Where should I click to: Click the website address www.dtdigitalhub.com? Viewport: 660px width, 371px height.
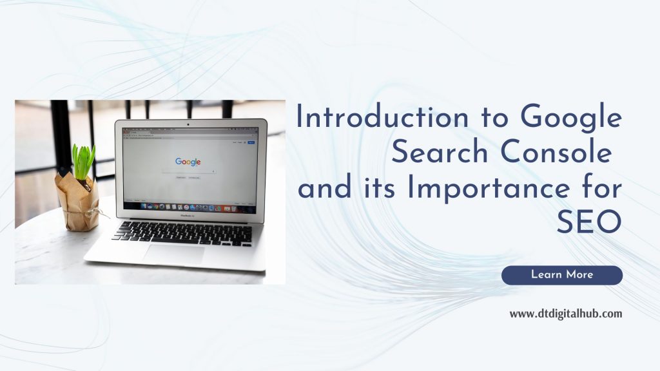tap(566, 314)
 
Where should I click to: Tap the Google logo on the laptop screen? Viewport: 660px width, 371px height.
tap(188, 161)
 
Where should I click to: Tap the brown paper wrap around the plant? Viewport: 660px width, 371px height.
tap(78, 200)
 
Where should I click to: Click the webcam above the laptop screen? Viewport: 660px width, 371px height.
tap(188, 123)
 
